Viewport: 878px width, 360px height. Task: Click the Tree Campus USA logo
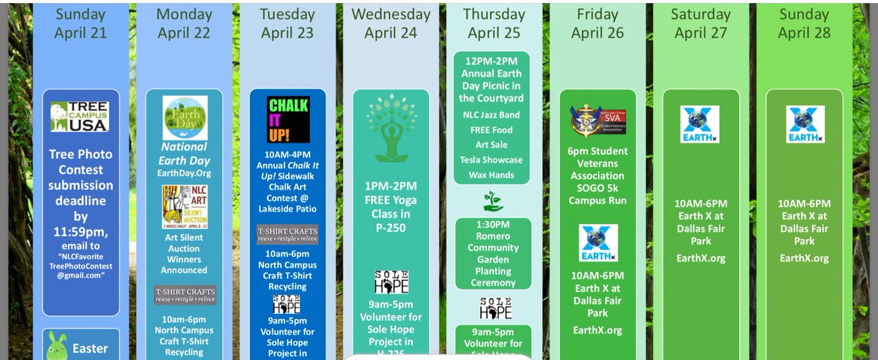pyautogui.click(x=80, y=117)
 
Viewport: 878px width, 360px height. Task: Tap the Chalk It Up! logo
pyautogui.click(x=288, y=119)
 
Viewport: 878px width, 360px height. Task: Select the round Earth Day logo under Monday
pyautogui.click(x=184, y=118)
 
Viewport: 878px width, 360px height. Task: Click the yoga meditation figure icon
pyautogui.click(x=391, y=128)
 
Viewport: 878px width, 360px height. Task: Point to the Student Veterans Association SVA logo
pyautogui.click(x=598, y=121)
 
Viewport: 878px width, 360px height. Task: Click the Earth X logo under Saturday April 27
pyautogui.click(x=699, y=124)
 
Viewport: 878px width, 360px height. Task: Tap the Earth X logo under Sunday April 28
pyautogui.click(x=805, y=124)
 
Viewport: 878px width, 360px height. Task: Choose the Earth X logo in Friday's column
pyautogui.click(x=598, y=243)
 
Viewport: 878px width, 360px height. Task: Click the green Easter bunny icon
pyautogui.click(x=56, y=346)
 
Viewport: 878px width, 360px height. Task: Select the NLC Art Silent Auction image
pyautogui.click(x=184, y=207)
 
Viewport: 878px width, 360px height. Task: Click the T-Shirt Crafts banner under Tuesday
pyautogui.click(x=288, y=234)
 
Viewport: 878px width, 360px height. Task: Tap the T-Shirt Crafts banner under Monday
pyautogui.click(x=184, y=295)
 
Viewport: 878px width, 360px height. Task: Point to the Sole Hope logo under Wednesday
pyautogui.click(x=391, y=282)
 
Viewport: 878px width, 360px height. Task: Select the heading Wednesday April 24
pyautogui.click(x=391, y=23)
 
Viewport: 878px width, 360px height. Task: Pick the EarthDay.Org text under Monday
pyautogui.click(x=184, y=173)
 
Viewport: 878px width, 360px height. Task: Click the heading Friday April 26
pyautogui.click(x=597, y=23)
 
